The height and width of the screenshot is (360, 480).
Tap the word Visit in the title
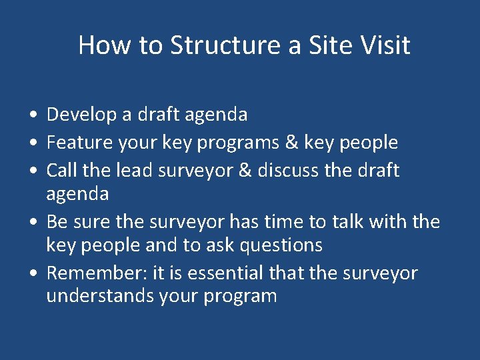pyautogui.click(x=383, y=45)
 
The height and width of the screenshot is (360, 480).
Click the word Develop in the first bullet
pyautogui.click(x=82, y=115)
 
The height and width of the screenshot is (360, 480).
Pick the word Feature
pyautogui.click(x=79, y=143)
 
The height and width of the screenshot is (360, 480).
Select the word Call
pyautogui.click(x=61, y=170)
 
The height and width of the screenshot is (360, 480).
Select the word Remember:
pyautogui.click(x=94, y=273)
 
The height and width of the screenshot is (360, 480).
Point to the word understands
pyautogui.click(x=100, y=296)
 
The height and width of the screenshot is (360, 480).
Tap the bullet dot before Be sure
pyautogui.click(x=33, y=222)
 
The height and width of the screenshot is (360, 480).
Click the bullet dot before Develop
pyautogui.click(x=33, y=115)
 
